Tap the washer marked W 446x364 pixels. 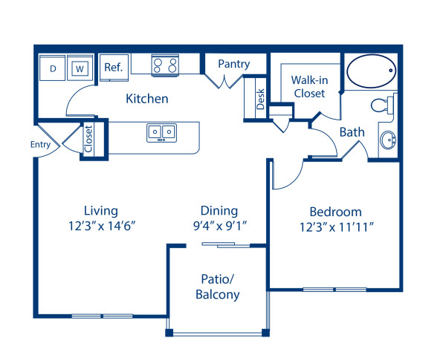tap(79, 68)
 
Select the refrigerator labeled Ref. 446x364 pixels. tap(113, 66)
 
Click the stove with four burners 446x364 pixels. tap(165, 65)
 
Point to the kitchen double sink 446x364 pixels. tap(161, 133)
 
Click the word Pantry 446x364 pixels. tap(233, 65)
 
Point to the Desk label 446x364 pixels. tap(260, 100)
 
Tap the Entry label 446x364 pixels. tap(40, 144)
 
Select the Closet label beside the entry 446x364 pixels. tap(88, 138)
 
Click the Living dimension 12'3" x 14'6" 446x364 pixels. tap(101, 224)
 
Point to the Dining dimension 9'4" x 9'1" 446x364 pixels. tap(219, 224)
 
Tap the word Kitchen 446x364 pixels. tap(146, 99)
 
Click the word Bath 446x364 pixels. tap(352, 132)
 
